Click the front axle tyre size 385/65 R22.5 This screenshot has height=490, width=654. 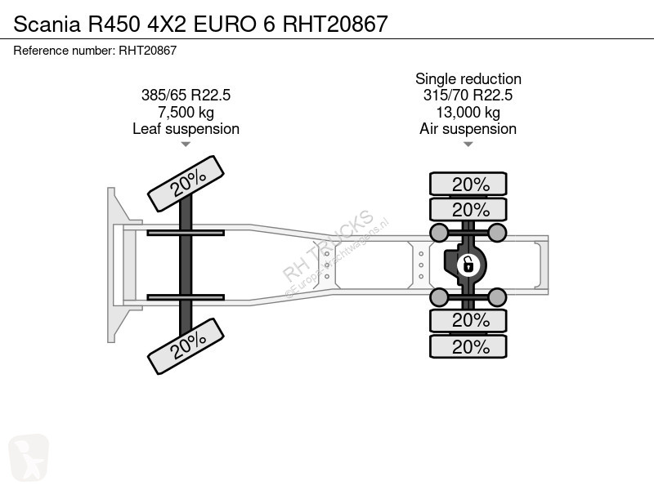tap(186, 95)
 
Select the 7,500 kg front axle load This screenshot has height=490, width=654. tap(186, 112)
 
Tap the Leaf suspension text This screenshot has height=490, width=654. tap(186, 129)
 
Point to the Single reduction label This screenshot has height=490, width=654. tap(468, 78)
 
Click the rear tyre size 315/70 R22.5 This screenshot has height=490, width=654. tap(468, 95)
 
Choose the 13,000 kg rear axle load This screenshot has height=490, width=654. tap(468, 112)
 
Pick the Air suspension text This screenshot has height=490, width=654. tap(468, 129)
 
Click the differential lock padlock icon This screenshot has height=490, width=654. tap(468, 265)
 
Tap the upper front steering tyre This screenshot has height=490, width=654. tap(186, 184)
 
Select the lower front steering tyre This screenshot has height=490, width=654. tap(186, 346)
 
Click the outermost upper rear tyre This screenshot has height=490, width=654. tap(468, 184)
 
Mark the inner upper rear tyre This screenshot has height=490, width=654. tap(468, 209)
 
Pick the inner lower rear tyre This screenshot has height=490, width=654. tap(468, 320)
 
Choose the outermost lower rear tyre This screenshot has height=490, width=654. tap(468, 346)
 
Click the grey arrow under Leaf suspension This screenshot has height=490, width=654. tap(186, 145)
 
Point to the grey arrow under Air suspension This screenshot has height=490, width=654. tap(468, 145)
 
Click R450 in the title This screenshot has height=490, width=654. tap(114, 24)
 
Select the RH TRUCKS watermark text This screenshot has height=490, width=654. tap(328, 246)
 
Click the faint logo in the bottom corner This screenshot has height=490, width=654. tap(29, 457)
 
